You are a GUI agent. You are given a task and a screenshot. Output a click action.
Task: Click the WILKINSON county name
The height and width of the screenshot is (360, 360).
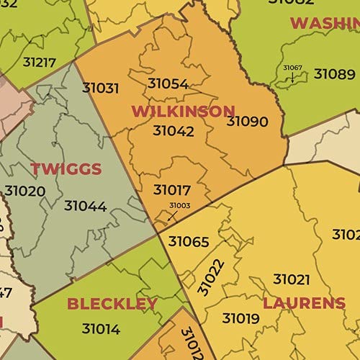pos(183,111)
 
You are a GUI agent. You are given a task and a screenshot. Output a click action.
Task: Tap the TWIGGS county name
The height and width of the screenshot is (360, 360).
pos(66,169)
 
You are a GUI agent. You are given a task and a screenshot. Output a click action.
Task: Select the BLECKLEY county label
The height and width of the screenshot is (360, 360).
pos(112,303)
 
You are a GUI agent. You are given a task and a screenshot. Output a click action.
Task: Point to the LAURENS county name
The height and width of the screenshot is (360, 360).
pos(304,302)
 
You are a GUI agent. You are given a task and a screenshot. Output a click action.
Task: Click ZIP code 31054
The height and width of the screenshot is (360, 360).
pos(168,84)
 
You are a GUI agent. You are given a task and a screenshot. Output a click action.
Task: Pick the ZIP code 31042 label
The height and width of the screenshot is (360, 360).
pos(174,131)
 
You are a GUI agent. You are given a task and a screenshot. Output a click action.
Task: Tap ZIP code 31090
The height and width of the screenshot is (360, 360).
pos(247,121)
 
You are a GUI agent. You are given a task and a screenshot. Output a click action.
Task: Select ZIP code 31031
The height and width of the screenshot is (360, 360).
pos(101,88)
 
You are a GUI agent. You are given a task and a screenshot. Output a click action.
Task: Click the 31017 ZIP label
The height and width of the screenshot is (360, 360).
pos(172,190)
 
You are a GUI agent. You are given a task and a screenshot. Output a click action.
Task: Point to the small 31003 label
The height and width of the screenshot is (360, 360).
pos(179,205)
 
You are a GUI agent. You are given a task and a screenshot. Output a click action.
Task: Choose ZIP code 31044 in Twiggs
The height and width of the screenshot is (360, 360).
pos(85,206)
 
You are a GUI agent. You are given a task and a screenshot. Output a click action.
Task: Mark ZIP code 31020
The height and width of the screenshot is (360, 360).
pos(25,192)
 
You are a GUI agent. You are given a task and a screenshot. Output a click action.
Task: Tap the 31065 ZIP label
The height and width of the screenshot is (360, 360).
pos(189,241)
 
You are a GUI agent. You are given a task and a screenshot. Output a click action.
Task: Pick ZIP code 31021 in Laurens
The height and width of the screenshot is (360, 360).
pos(292,279)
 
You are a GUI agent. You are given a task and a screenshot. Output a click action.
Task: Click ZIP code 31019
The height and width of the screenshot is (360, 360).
pos(241,318)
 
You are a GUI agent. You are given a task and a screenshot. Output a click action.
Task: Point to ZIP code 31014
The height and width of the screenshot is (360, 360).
pos(101,329)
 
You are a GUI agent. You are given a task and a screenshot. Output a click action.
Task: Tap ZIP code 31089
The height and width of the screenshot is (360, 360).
pos(334,73)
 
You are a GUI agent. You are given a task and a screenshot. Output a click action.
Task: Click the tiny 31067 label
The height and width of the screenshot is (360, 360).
pos(292,68)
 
